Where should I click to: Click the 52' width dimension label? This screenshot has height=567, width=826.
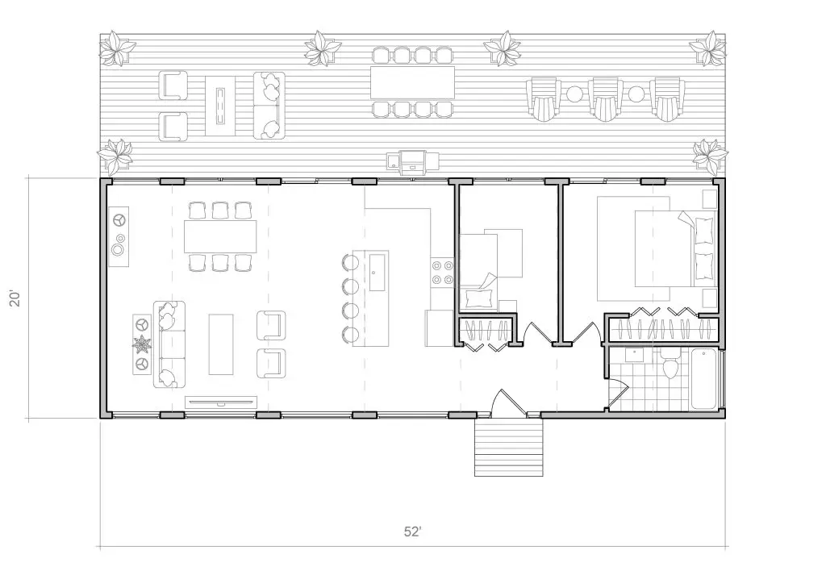(412, 532)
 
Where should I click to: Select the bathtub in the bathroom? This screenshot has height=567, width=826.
(703, 379)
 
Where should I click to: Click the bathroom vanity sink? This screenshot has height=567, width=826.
(634, 355)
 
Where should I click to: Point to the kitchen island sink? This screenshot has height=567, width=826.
(378, 272)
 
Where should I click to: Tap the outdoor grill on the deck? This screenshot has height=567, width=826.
(413, 162)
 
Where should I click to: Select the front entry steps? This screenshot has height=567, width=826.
(508, 448)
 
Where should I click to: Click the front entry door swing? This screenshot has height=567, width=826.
(508, 403)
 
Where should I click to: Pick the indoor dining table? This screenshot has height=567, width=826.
(220, 236)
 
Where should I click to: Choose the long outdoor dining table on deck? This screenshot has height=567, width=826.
(412, 82)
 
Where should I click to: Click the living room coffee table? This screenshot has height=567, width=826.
(221, 344)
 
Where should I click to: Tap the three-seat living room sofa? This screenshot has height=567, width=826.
(169, 344)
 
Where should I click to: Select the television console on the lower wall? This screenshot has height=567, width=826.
(221, 402)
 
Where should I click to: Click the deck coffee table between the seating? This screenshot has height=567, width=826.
(221, 106)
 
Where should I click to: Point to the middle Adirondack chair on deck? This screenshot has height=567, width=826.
(606, 99)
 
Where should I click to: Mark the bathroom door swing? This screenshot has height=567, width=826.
(618, 388)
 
